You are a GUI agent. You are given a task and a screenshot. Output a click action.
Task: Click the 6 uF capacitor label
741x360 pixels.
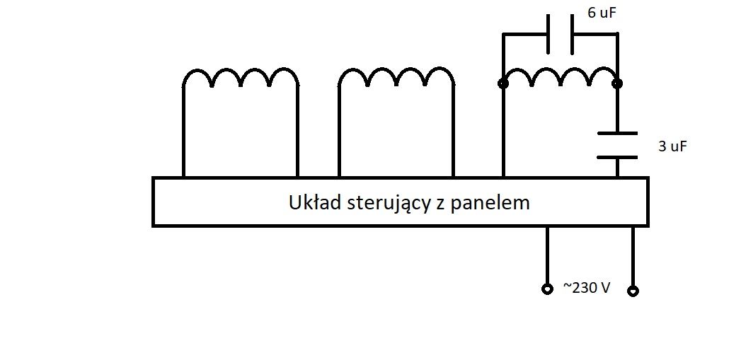(602, 13)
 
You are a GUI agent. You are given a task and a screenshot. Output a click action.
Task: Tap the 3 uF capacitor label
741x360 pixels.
(672, 146)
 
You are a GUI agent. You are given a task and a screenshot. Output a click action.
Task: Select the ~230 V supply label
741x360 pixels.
(586, 288)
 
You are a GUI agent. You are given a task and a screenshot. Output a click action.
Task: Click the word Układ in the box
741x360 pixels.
(314, 203)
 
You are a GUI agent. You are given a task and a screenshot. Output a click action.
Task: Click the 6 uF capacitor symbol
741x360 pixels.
(560, 34)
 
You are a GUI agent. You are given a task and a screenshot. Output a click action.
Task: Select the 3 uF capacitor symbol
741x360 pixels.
(617, 146)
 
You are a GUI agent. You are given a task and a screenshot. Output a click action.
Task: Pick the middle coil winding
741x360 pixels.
(396, 77)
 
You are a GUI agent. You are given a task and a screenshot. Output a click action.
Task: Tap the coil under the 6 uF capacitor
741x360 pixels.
(560, 77)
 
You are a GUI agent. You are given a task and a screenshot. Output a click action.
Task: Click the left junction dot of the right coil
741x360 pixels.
(502, 84)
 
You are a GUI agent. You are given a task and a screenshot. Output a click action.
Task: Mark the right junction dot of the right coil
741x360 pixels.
(617, 84)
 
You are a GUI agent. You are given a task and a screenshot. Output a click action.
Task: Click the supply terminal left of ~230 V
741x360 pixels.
(547, 289)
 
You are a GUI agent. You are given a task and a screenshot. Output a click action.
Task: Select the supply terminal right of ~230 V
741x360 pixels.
(633, 291)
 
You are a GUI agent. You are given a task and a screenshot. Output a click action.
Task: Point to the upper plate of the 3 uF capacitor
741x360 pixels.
(617, 133)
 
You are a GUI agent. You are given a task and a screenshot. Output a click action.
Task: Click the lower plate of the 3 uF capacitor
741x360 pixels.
(617, 157)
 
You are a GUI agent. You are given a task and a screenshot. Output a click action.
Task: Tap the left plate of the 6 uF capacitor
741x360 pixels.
(548, 34)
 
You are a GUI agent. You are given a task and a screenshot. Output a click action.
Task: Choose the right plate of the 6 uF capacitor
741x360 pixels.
(572, 34)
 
